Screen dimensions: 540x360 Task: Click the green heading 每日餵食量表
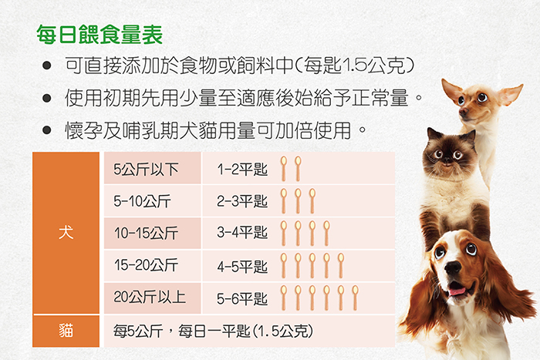click(100, 35)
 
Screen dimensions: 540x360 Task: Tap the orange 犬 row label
click(66, 233)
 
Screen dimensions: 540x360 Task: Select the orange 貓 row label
click(66, 331)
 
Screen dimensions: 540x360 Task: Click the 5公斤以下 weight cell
click(152, 168)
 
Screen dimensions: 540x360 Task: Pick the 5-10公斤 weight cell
click(152, 200)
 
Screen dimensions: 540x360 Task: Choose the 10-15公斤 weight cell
click(152, 233)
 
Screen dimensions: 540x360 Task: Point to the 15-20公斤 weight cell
click(152, 265)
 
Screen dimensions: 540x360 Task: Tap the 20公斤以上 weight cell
click(152, 298)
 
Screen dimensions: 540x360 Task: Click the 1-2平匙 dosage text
click(242, 169)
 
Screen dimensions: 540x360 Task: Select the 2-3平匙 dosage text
click(242, 201)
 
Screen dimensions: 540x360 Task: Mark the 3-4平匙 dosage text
click(242, 233)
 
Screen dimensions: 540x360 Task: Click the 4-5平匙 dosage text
click(242, 267)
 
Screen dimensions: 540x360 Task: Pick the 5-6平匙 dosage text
click(242, 299)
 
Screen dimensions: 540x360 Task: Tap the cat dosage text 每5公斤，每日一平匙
click(182, 331)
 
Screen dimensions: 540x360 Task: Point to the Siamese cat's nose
click(447, 160)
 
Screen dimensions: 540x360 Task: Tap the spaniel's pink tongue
click(457, 291)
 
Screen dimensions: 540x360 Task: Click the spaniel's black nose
click(453, 267)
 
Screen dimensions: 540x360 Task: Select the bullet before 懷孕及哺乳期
click(46, 130)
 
